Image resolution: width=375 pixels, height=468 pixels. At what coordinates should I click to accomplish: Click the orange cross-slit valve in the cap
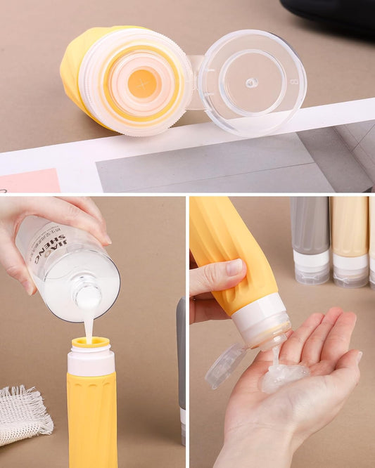click(143, 84)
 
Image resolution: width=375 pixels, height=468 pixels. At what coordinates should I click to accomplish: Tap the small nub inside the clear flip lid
click(251, 82)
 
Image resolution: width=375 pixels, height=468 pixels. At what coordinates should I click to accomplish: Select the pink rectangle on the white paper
click(30, 181)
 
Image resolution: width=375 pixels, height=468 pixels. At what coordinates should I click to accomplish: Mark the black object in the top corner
click(331, 13)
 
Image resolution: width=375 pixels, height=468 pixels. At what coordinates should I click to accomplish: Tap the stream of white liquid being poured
click(89, 326)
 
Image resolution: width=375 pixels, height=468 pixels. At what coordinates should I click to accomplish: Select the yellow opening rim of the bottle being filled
click(90, 344)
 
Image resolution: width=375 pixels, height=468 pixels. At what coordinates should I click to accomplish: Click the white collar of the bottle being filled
click(91, 362)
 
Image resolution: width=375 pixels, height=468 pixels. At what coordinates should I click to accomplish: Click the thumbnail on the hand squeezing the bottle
click(234, 267)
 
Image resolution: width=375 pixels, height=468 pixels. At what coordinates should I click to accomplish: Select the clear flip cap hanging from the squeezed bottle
click(225, 365)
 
